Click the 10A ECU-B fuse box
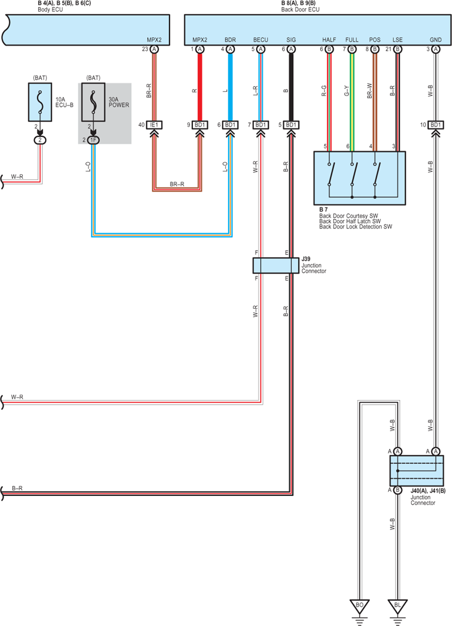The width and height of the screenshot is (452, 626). point(40,102)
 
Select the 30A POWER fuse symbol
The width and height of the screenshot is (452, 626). point(93,102)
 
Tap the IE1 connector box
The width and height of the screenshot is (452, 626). point(154,125)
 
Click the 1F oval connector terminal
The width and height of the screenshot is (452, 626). point(93,140)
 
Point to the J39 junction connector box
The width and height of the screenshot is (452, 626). point(276,265)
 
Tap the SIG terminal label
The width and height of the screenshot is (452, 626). point(291,40)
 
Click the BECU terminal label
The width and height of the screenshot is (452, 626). point(260,40)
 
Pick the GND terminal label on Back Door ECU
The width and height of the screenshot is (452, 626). point(436,40)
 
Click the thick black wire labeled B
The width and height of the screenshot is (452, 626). point(291,87)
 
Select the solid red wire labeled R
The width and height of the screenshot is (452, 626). point(200,87)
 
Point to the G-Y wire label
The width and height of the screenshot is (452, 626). point(346,91)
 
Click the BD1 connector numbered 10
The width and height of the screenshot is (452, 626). point(436,125)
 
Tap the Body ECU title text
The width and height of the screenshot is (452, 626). point(50,9)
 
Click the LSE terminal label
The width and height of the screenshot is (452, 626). point(397,40)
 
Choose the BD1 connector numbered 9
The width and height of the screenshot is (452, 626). point(200,125)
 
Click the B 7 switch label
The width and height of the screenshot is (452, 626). point(323,210)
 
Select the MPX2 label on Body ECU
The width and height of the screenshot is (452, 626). point(154,40)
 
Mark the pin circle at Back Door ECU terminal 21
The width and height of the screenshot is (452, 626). point(397,49)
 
